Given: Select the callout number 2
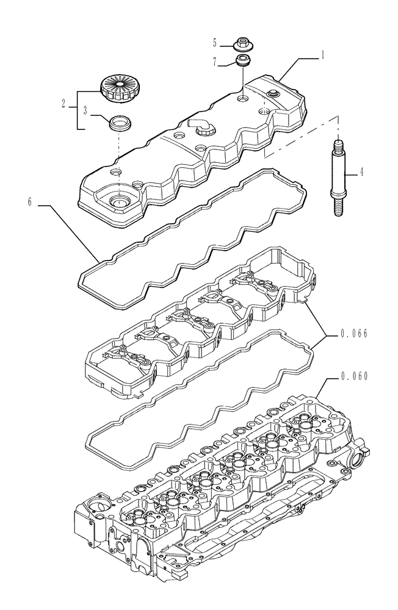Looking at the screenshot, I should click(x=63, y=104).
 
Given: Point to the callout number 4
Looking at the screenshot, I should click(x=362, y=172).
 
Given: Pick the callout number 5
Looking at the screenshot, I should click(x=215, y=43).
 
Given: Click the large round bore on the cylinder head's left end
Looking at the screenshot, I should click(x=96, y=504).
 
